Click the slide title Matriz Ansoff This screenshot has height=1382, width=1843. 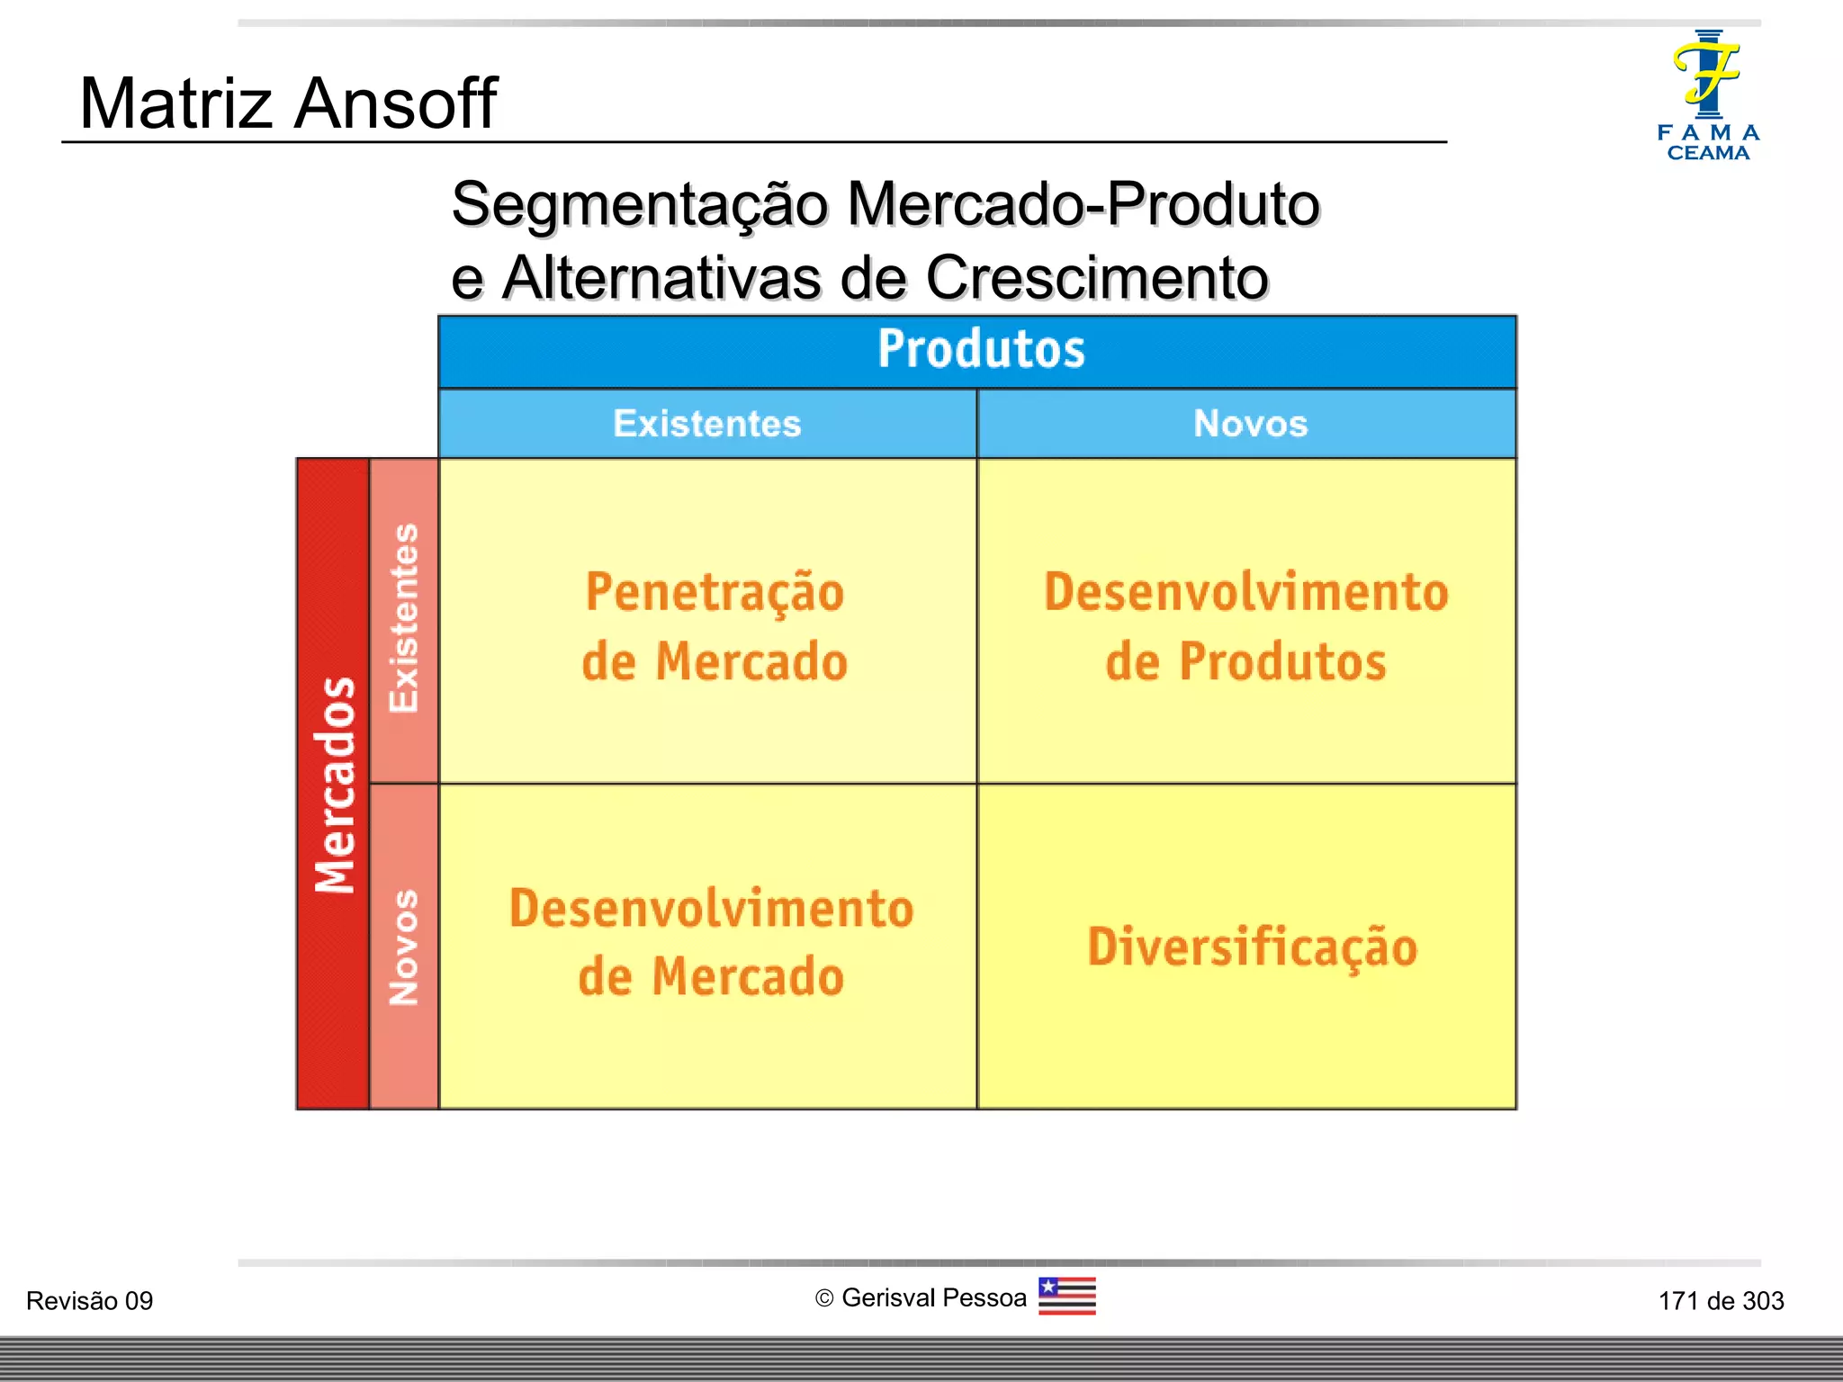pyautogui.click(x=288, y=103)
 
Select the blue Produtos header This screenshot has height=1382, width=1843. pyautogui.click(x=981, y=349)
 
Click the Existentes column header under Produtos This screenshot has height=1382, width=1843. pyautogui.click(x=707, y=424)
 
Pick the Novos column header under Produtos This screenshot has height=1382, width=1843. pyautogui.click(x=1250, y=424)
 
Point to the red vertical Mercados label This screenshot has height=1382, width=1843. pyautogui.click(x=334, y=784)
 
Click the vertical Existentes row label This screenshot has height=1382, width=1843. pyautogui.click(x=404, y=619)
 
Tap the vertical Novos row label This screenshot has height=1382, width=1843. pyautogui.click(x=404, y=947)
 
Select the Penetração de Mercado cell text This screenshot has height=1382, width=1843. pyautogui.click(x=715, y=626)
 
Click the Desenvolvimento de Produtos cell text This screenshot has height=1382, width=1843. pyautogui.click(x=1246, y=626)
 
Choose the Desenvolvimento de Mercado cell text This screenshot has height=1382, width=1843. pyautogui.click(x=711, y=942)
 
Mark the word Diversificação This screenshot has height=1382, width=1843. pyautogui.click(x=1252, y=947)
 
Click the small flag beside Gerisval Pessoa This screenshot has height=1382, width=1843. pyautogui.click(x=1066, y=1297)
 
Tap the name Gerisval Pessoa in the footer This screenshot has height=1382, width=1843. pyautogui.click(x=934, y=1297)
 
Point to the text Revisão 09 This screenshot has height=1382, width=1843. pyautogui.click(x=90, y=1301)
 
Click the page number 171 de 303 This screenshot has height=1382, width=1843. pyautogui.click(x=1721, y=1301)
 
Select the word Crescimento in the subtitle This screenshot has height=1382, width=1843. pyautogui.click(x=1097, y=278)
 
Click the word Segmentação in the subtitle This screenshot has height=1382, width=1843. pyautogui.click(x=639, y=205)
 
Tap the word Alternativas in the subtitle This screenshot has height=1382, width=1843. pyautogui.click(x=661, y=278)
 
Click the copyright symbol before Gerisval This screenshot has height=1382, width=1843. pyautogui.click(x=823, y=1298)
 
